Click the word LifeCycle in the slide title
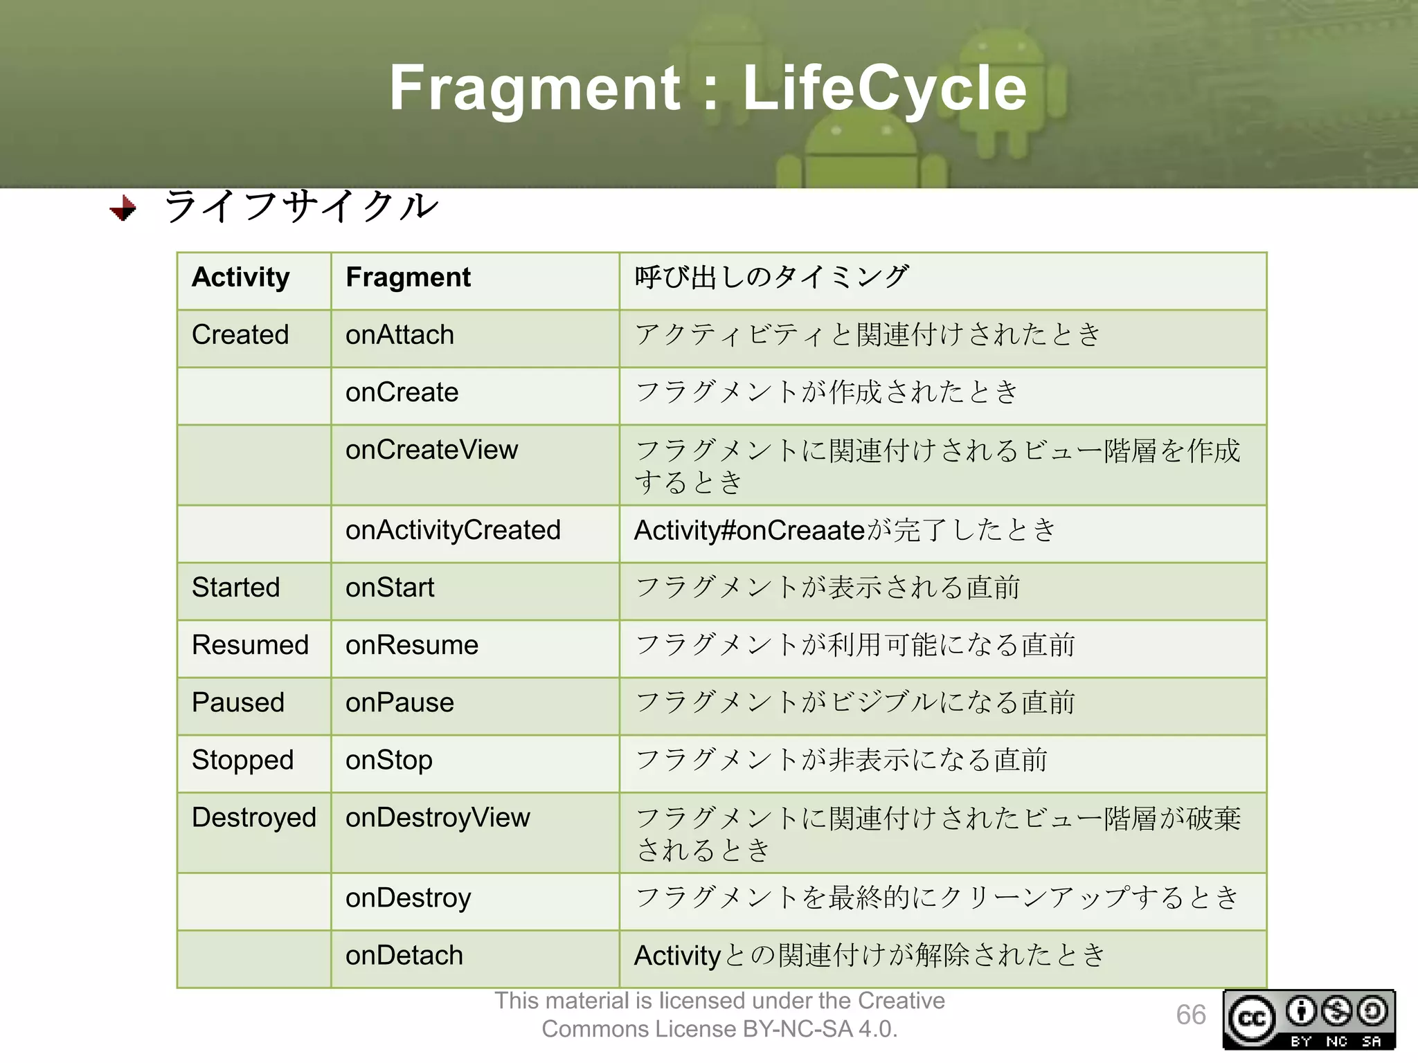pyautogui.click(x=884, y=88)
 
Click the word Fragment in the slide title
pyautogui.click(x=535, y=88)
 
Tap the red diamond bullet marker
pyautogui.click(x=123, y=208)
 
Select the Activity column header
pyautogui.click(x=240, y=278)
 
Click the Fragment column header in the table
pyautogui.click(x=408, y=278)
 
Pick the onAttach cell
pyautogui.click(x=400, y=335)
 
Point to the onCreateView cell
pyautogui.click(x=431, y=450)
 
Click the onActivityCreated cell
pyautogui.click(x=453, y=530)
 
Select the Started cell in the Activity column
pyautogui.click(x=235, y=588)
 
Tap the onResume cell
pyautogui.click(x=412, y=645)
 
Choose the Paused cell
pyautogui.click(x=237, y=702)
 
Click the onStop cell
pyautogui.click(x=388, y=760)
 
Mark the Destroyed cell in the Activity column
pyautogui.click(x=253, y=817)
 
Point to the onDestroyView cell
pyautogui.click(x=438, y=817)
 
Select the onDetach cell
pyautogui.click(x=404, y=956)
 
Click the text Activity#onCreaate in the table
pyautogui.click(x=749, y=530)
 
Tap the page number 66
pyautogui.click(x=1190, y=1015)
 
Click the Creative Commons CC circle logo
pyautogui.click(x=1251, y=1019)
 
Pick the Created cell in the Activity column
pyautogui.click(x=240, y=335)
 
